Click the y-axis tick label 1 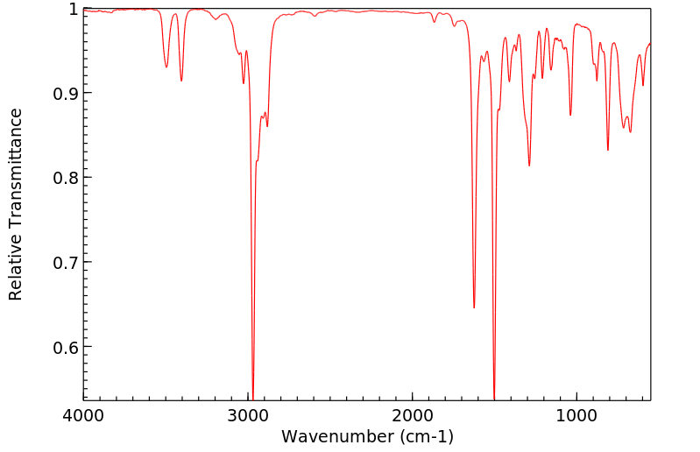coord(74,9)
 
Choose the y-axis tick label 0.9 coord(66,94)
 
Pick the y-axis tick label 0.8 coord(66,178)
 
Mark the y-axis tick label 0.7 coord(66,263)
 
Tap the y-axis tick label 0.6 coord(66,348)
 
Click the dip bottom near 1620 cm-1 coord(474,307)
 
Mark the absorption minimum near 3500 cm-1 coord(166,67)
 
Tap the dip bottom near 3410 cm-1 coord(181,81)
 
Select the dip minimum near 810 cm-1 coord(608,150)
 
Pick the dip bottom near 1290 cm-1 coord(529,166)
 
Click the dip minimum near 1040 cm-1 coord(570,115)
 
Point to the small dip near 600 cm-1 coord(643,85)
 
